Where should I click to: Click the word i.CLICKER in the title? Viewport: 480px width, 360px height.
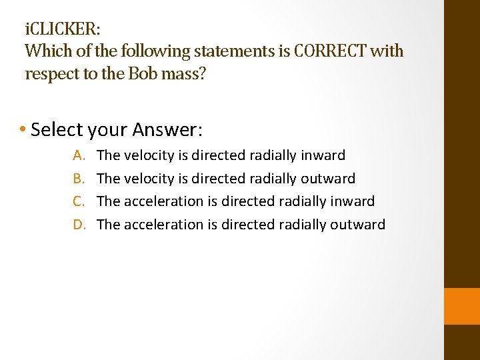(63, 30)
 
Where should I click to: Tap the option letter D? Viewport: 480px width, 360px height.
(79, 224)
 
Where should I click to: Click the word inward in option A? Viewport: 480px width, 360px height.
(323, 155)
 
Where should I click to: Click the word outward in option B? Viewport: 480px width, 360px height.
(328, 178)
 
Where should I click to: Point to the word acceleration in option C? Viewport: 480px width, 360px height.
(163, 201)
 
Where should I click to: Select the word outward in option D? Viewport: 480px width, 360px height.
(358, 224)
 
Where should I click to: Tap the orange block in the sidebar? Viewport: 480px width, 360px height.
(461, 306)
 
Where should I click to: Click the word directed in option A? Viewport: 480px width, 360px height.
(219, 155)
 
